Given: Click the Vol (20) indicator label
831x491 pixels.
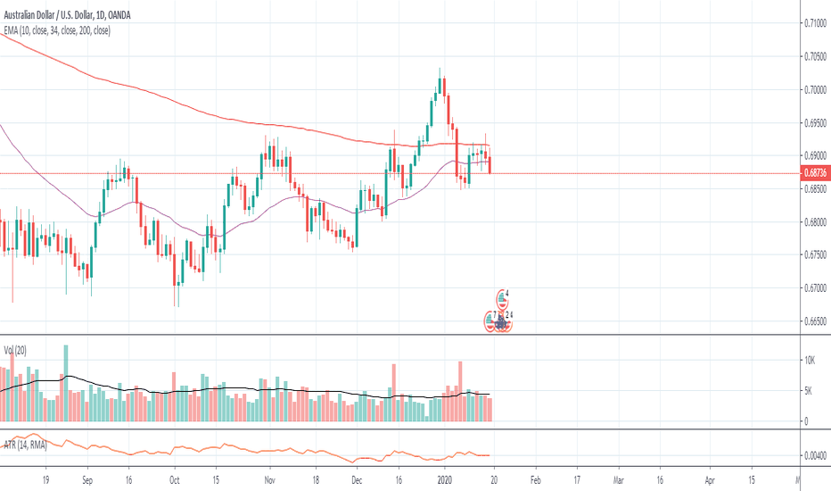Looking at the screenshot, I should pos(15,350).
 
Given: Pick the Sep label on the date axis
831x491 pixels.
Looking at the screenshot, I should pos(87,479).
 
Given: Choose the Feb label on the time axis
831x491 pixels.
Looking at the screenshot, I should pos(536,479).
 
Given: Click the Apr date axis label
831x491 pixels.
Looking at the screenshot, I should pos(711,479).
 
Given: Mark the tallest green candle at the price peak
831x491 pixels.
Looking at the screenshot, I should pos(432,112).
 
